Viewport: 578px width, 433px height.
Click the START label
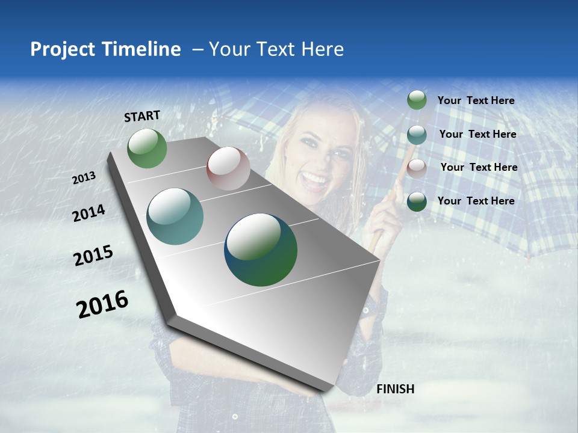142,116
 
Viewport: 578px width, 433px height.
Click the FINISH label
395,389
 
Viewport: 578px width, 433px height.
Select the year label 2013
84,178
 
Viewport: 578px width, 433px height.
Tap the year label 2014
89,213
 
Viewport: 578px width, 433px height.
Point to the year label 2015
93,256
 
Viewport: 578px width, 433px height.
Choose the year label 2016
102,304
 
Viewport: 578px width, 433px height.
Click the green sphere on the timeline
147,149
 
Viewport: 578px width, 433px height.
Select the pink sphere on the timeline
228,168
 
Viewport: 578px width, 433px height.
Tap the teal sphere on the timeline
175,216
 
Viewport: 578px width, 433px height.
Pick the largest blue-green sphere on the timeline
261,250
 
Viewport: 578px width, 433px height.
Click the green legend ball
417,100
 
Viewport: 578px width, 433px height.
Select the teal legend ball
417,135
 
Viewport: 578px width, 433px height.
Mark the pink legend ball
417,168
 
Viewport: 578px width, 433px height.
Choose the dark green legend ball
417,201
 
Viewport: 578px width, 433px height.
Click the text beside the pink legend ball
479,167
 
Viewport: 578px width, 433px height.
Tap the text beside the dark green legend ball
476,201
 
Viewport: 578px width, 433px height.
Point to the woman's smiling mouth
315,178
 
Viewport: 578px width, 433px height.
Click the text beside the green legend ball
476,100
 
